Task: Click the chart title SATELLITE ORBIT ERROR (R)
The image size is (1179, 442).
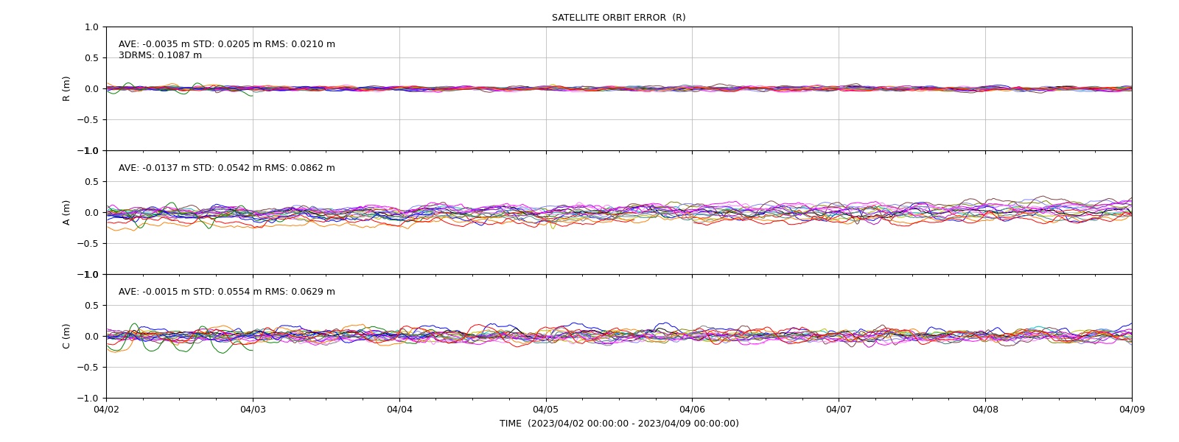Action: (x=618, y=18)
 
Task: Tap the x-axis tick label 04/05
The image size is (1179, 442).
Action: (x=546, y=410)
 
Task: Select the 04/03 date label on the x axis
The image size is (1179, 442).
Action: (x=253, y=410)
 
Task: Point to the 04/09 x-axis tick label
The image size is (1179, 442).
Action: (x=1132, y=410)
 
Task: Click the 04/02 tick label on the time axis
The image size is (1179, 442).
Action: (x=106, y=410)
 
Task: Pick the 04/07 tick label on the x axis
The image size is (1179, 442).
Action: (x=839, y=410)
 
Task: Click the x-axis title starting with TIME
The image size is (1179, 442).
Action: (x=619, y=424)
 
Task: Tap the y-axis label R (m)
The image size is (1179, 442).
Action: (x=66, y=89)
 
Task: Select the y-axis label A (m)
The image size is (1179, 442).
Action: (x=66, y=213)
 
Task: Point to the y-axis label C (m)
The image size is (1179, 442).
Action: (x=66, y=336)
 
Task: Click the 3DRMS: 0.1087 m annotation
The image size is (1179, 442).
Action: (x=160, y=55)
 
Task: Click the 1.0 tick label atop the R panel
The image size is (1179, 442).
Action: (x=91, y=27)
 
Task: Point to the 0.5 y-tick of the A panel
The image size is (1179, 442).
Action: (x=91, y=181)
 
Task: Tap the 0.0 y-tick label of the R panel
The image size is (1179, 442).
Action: (x=91, y=89)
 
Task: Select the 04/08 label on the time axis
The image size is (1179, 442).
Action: (x=985, y=410)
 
